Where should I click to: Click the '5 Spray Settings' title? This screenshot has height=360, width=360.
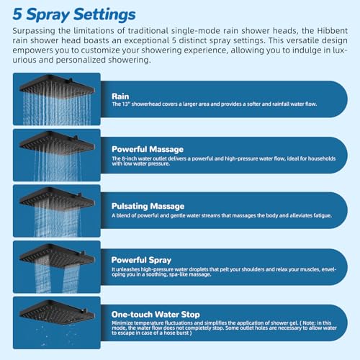[73, 14]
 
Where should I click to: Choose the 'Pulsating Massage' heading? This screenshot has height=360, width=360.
[148, 205]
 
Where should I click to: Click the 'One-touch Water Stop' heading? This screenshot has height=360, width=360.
[156, 315]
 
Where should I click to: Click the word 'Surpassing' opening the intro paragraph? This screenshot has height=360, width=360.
[33, 32]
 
